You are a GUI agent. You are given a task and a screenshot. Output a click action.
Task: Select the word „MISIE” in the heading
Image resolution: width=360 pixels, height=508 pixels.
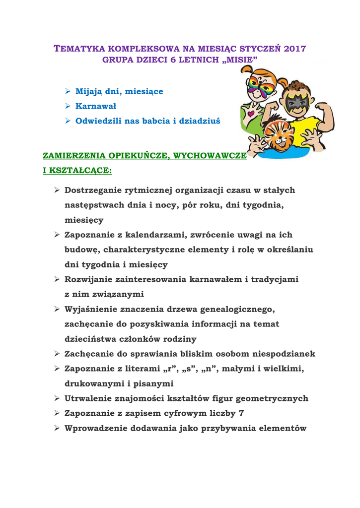pyautogui.click(x=240, y=60)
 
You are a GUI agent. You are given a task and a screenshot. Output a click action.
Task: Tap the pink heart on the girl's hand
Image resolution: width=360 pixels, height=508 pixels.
pyautogui.click(x=250, y=114)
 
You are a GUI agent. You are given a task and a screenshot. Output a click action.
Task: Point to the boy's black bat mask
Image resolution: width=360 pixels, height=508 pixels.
pyautogui.click(x=296, y=103)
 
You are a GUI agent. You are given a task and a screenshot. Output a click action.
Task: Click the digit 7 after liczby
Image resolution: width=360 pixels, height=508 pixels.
pyautogui.click(x=241, y=413)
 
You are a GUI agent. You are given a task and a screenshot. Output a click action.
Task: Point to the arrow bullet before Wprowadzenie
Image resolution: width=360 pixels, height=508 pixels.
pyautogui.click(x=57, y=428)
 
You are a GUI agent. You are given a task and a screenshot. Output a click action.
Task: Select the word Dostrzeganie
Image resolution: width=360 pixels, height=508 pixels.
pyautogui.click(x=93, y=190)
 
